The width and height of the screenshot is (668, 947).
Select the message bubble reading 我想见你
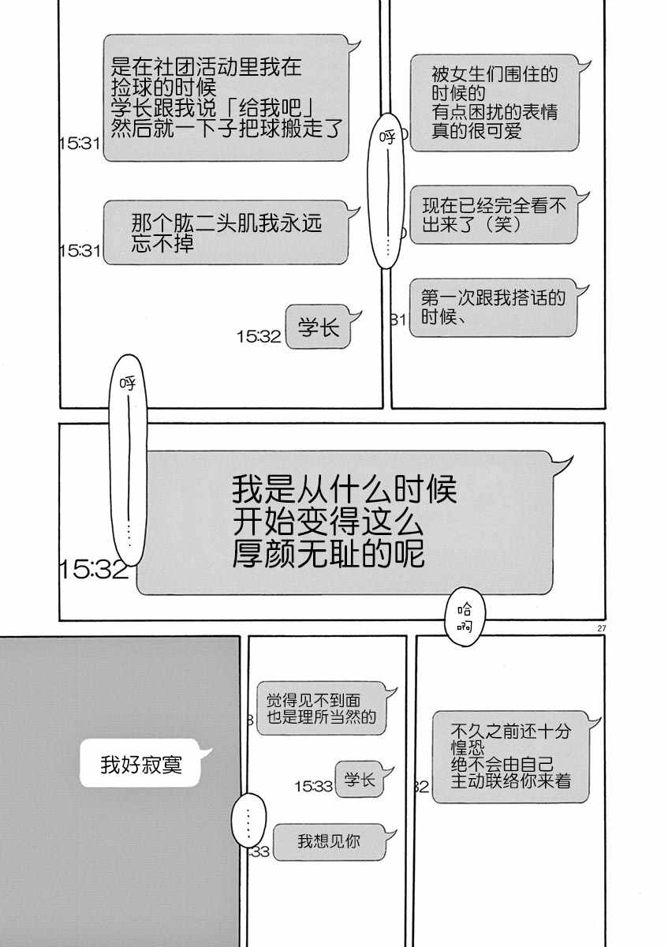[329, 841]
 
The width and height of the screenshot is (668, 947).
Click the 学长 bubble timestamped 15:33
[359, 780]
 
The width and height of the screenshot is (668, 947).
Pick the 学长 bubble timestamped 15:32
[319, 327]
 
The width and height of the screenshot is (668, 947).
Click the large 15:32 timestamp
[93, 570]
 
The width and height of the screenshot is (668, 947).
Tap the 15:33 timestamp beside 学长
[313, 786]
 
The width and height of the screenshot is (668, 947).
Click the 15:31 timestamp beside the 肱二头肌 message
[79, 251]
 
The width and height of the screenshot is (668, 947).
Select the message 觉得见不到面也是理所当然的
[321, 708]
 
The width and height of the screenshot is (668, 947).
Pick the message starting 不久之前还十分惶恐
[510, 756]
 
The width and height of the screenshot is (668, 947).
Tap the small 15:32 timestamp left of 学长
[259, 336]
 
